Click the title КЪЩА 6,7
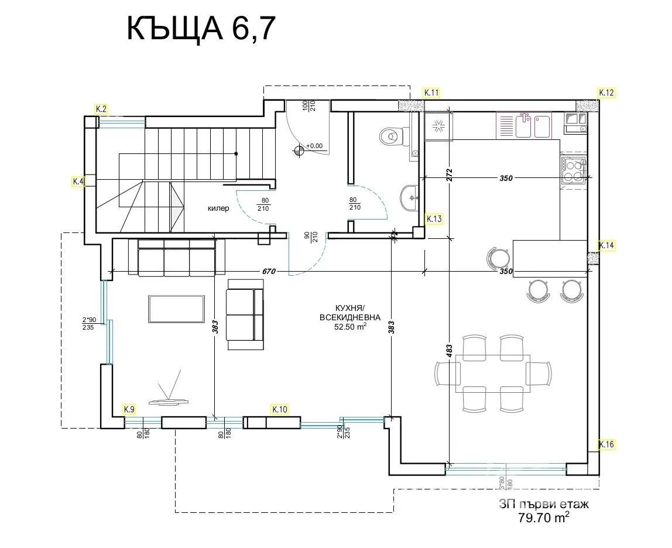pyautogui.click(x=200, y=29)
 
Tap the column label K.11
pyautogui.click(x=431, y=93)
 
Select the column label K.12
pyautogui.click(x=606, y=93)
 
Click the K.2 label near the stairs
pyautogui.click(x=101, y=109)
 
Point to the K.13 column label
pyautogui.click(x=434, y=219)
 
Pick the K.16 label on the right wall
pyautogui.click(x=606, y=445)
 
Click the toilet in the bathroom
pyautogui.click(x=390, y=136)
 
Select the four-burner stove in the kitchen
pyautogui.click(x=573, y=169)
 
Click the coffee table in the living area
pyautogui.click(x=177, y=309)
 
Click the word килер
pyautogui.click(x=218, y=208)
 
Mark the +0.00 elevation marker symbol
pyautogui.click(x=299, y=150)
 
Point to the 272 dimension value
pyautogui.click(x=450, y=175)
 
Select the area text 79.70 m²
pyautogui.click(x=544, y=518)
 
